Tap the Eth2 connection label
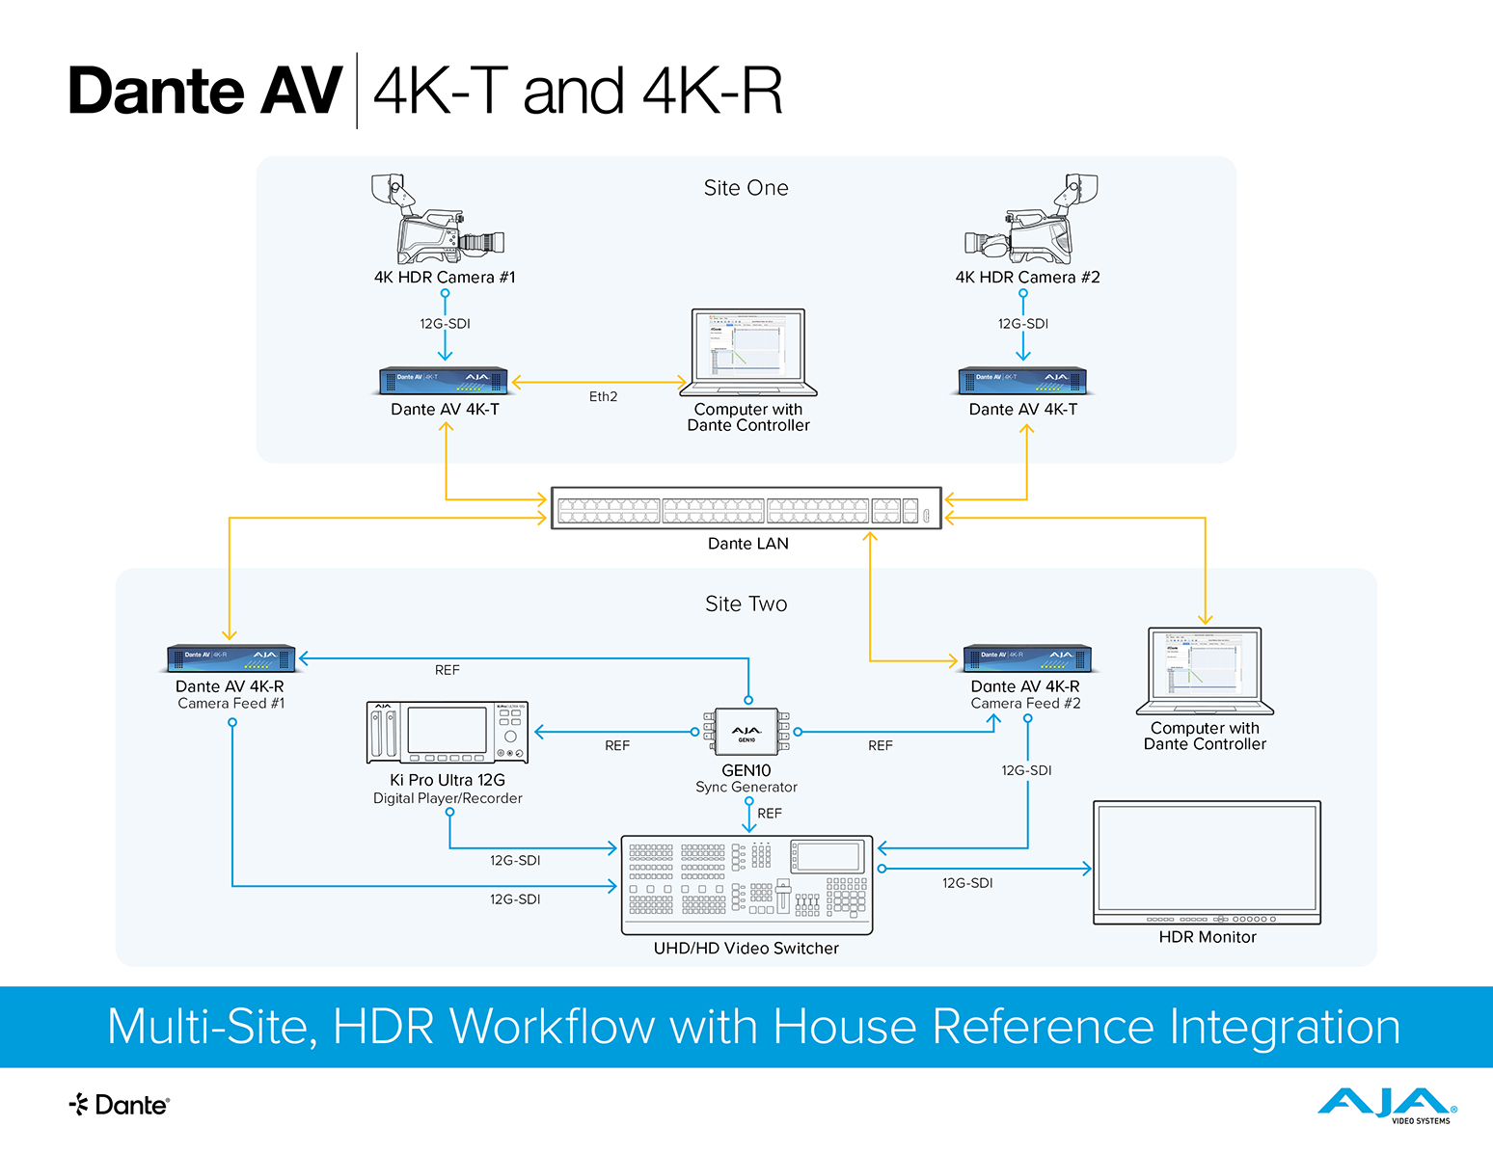(603, 396)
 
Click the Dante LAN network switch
(746, 508)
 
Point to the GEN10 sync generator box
(746, 732)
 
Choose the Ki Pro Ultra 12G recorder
(448, 733)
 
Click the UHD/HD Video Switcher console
(746, 884)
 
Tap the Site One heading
(746, 188)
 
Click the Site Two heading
(746, 604)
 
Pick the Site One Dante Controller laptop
(747, 352)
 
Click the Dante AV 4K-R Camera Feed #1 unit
(231, 658)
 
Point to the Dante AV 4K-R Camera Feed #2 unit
(1027, 658)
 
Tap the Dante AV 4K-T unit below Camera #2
(1022, 381)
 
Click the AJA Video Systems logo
(1387, 1105)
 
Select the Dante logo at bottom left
(120, 1105)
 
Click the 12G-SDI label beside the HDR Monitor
(967, 883)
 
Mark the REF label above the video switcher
(770, 814)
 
